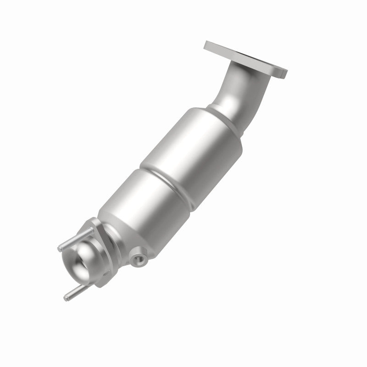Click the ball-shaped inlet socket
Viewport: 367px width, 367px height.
(87, 262)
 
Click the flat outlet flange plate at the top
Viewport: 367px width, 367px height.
(245, 58)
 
